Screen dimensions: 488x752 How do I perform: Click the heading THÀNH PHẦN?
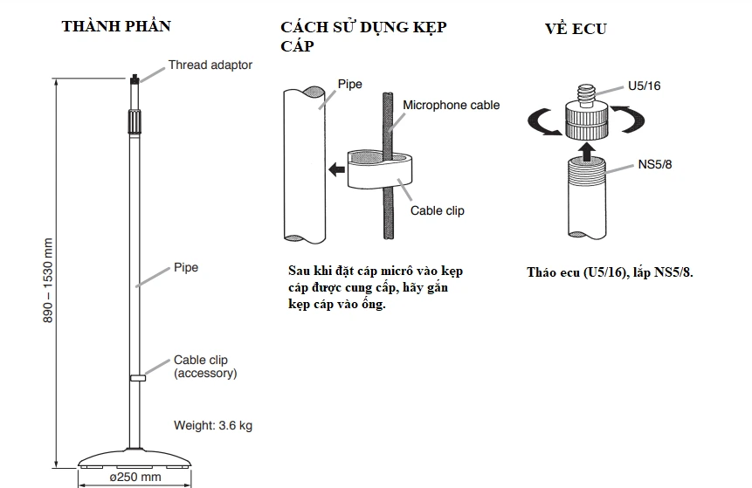(x=116, y=26)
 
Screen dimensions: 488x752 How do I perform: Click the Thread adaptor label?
(x=210, y=65)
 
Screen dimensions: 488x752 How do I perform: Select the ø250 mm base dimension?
(x=136, y=478)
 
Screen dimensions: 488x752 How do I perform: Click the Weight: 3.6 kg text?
(x=213, y=426)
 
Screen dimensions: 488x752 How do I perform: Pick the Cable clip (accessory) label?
(x=205, y=367)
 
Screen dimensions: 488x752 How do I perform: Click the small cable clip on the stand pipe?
(x=137, y=377)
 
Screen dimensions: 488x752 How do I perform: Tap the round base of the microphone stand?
(x=136, y=457)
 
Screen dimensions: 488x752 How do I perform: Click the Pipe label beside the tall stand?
(x=186, y=267)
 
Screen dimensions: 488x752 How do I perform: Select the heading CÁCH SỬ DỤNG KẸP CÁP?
(x=362, y=36)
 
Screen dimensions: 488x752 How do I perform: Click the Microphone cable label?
(x=451, y=105)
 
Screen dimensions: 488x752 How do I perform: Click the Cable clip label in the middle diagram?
(x=438, y=210)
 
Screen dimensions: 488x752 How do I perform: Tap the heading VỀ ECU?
(x=575, y=29)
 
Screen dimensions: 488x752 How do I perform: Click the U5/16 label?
(x=645, y=87)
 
